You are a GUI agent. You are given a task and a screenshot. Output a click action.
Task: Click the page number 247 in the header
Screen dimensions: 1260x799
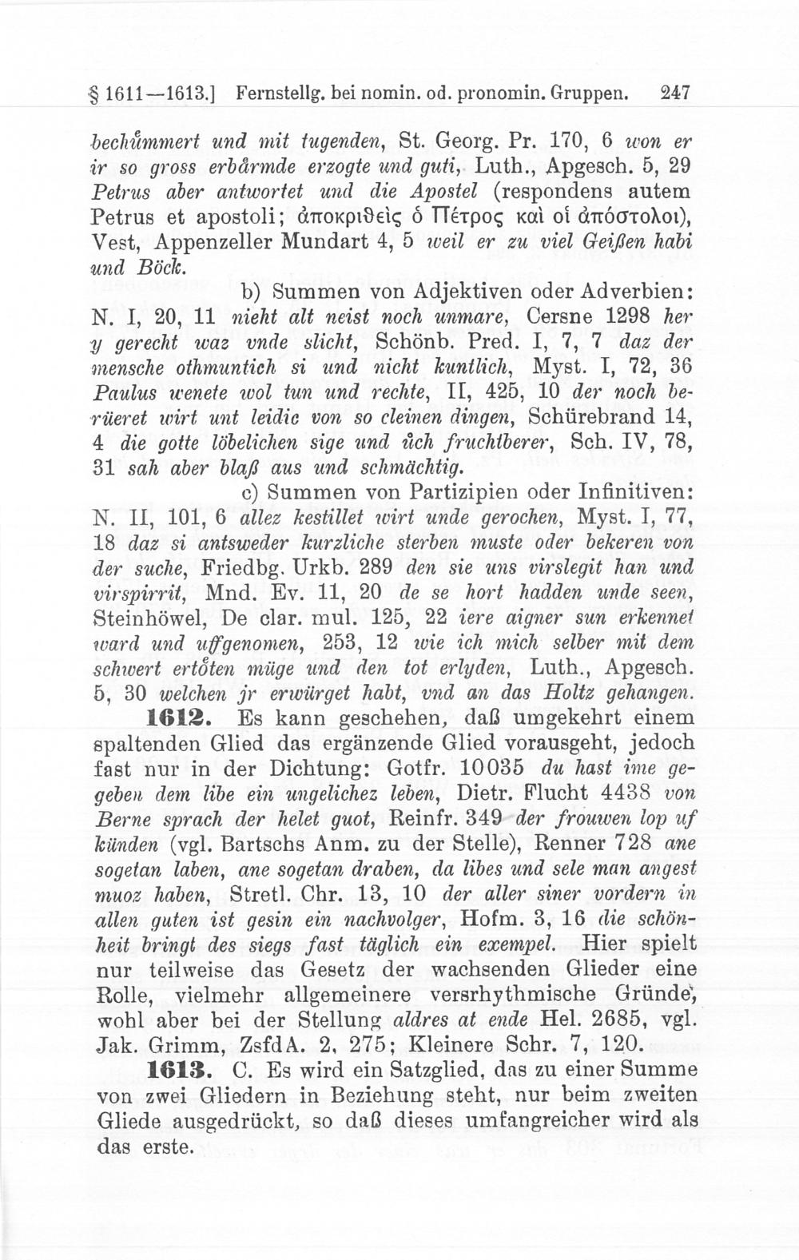point(676,93)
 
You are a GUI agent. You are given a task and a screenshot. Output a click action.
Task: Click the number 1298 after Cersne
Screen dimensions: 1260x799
point(627,316)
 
